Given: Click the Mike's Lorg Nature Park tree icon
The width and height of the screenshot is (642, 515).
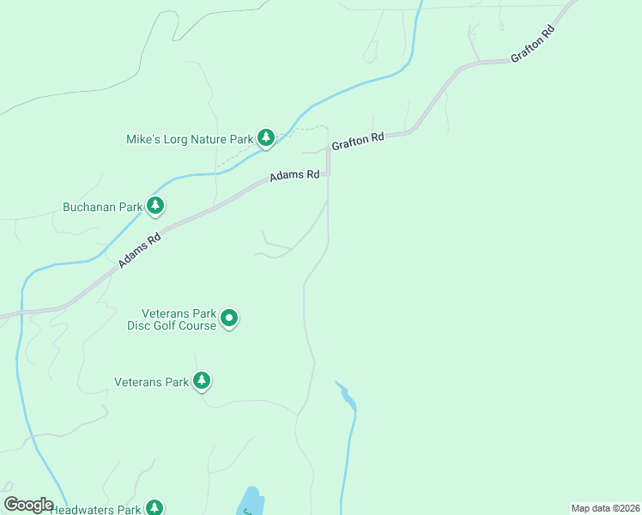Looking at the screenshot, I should pos(267,138).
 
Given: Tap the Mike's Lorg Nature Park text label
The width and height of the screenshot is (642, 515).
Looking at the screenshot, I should pos(190,139).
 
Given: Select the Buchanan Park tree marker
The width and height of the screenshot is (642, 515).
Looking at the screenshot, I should pos(155,206).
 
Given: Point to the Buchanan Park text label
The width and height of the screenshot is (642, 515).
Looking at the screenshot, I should pos(101,207).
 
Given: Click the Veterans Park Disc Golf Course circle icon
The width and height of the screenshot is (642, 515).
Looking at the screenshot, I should pos(229,319).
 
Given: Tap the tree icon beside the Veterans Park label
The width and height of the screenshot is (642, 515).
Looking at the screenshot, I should pos(202,381).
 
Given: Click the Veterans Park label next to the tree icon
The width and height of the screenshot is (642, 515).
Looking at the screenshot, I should pos(152,382).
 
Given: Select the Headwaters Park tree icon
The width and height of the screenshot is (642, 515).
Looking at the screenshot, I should pos(154,508).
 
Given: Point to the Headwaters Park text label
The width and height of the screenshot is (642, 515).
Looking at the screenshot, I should pos(95,510).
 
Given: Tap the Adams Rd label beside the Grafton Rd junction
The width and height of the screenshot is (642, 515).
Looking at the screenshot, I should pos(294,175).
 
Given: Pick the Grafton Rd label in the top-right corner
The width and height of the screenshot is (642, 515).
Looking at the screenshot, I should pos(533,44).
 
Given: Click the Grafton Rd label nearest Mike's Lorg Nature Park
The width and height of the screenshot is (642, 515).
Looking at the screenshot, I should pos(357,141).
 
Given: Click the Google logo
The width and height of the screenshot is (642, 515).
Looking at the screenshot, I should pos(28,505).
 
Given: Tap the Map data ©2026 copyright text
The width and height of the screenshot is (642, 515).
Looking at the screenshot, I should pos(605,508).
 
